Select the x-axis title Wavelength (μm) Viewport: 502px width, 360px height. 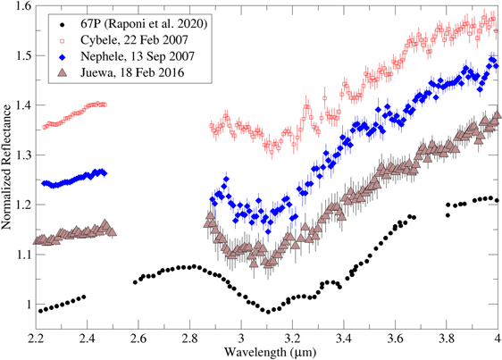(267, 352)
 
